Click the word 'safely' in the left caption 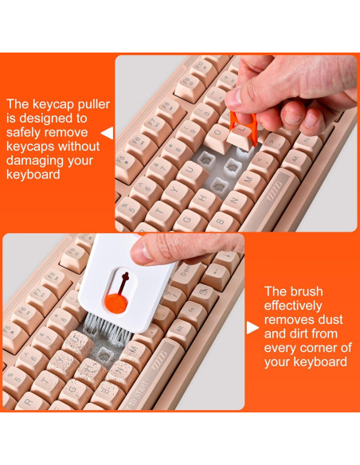pos(25,133)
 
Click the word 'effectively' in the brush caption pos(293,306)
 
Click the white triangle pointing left pos(108,133)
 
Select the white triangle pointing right pos(252,328)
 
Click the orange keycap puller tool pos(243,127)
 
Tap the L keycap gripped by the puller pos(241,137)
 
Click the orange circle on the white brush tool pos(116,303)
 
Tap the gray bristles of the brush pos(108,330)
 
